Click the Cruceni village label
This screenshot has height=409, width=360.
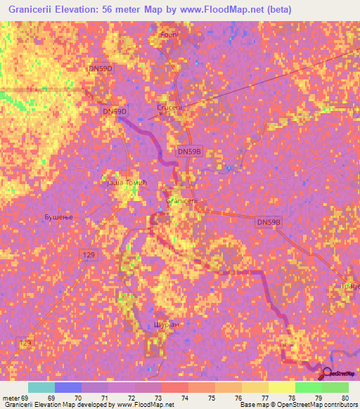click(169, 108)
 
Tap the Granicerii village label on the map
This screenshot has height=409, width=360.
click(183, 200)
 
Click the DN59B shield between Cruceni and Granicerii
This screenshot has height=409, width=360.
click(189, 151)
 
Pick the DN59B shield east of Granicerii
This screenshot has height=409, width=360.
click(269, 222)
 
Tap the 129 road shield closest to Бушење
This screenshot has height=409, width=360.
click(89, 254)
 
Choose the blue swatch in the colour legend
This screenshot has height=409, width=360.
click(68, 387)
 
